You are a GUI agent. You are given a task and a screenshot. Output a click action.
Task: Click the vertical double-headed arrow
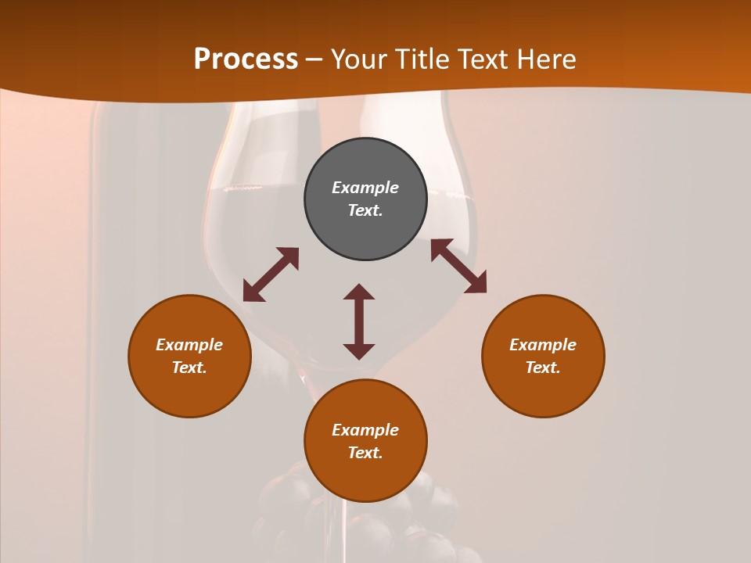pos(359,321)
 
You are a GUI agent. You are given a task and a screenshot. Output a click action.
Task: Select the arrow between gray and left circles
pos(271,274)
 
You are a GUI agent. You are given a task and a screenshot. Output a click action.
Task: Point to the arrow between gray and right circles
pos(458,266)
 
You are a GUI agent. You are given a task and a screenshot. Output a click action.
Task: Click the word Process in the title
pos(246,59)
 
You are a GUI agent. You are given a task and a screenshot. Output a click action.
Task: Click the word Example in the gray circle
pos(365,188)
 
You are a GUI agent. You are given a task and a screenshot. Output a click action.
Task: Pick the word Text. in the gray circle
pos(365,210)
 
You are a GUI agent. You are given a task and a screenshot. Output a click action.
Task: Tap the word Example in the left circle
pos(189,345)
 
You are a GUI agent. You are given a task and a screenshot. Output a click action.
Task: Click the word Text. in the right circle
pos(543,368)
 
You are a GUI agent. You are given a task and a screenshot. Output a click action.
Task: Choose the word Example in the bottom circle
pos(365,430)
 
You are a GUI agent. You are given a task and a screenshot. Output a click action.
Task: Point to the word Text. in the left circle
pos(189,368)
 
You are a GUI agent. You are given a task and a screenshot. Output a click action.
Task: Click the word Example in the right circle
pos(543,345)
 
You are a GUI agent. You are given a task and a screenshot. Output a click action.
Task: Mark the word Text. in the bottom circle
pos(365,453)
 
